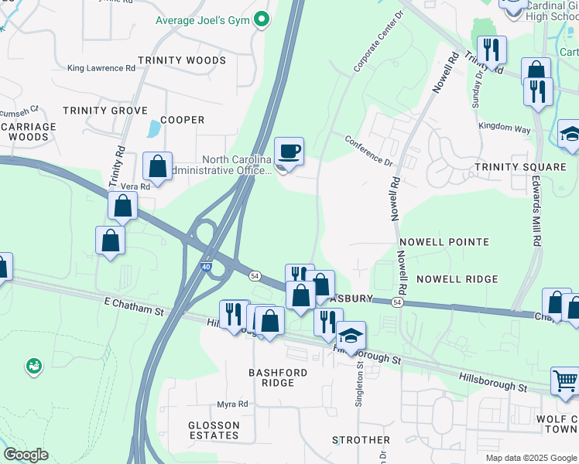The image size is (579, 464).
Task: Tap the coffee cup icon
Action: tap(289, 151)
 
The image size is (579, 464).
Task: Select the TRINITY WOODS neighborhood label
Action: tap(182, 60)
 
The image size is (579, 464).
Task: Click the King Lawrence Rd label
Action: tap(101, 68)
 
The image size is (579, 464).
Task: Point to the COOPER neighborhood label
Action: tap(182, 120)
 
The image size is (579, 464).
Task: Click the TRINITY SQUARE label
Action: tap(520, 167)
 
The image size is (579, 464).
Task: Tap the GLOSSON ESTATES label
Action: tap(214, 430)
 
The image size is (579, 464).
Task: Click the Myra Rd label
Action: tap(232, 404)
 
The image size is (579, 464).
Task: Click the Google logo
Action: tap(26, 455)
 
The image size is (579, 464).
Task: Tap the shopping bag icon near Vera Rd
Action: tap(157, 165)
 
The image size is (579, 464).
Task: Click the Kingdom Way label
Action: tap(504, 126)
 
